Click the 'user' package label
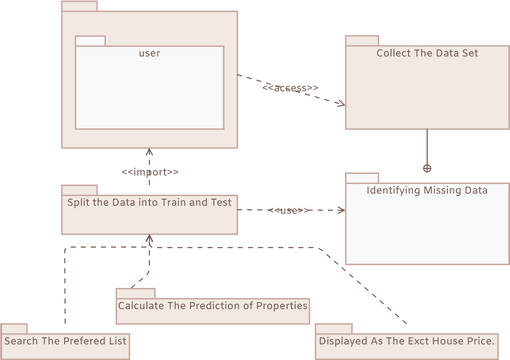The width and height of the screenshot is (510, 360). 150,53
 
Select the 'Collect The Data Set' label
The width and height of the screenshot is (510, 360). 427,53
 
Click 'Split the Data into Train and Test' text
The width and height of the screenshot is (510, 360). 149,202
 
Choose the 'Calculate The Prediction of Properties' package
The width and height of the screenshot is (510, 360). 212,306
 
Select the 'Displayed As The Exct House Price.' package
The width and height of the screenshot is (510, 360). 412,341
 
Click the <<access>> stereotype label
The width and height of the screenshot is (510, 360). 290,89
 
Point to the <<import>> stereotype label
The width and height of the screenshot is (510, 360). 150,171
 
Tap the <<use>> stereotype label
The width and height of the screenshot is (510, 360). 290,210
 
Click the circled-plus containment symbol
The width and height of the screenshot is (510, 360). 427,167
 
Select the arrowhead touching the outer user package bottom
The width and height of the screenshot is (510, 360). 150,151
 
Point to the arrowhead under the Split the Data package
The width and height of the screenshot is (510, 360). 149,239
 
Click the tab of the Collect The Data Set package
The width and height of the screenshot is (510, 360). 362,40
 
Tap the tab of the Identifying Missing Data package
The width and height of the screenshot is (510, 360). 362,176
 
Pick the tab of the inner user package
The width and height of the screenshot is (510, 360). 90,40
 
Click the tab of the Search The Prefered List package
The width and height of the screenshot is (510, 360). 14,327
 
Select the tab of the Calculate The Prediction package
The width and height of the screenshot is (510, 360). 130,292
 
